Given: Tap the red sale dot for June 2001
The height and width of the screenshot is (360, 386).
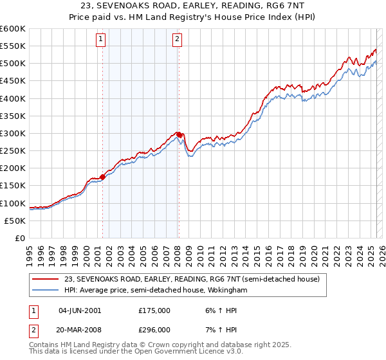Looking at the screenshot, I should [102, 177].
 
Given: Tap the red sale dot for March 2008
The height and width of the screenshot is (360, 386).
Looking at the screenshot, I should [179, 134].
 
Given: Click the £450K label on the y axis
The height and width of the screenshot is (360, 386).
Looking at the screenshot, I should [13, 81].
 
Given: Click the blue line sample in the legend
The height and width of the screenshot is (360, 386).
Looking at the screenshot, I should [46, 291].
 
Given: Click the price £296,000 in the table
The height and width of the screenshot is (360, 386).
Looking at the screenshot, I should [154, 330].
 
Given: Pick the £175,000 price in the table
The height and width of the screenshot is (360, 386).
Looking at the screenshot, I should [154, 310].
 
